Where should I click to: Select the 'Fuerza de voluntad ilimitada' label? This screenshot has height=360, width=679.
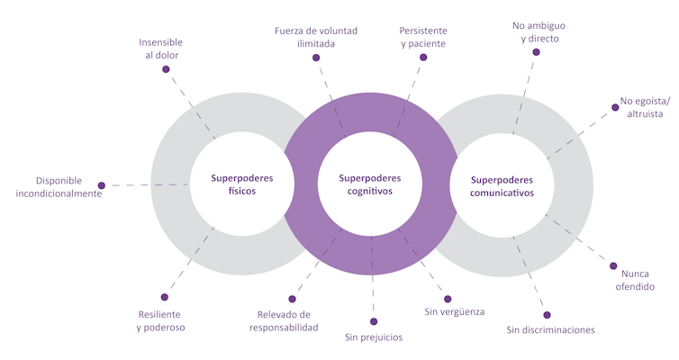316,36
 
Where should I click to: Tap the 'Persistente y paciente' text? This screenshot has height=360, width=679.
422,36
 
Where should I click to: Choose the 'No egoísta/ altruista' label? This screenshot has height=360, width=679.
641,107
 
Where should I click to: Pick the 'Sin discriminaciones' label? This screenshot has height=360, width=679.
550,330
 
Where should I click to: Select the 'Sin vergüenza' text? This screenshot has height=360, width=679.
454,311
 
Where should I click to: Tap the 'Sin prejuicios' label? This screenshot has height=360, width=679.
374,337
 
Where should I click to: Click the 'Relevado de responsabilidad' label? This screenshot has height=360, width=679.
284,321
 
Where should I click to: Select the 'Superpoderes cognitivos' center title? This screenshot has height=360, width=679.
370,184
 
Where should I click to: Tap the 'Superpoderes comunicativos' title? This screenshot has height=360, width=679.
502,185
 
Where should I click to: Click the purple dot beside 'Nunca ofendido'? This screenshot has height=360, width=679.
613,266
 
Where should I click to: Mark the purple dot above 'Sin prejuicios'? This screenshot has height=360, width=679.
374,321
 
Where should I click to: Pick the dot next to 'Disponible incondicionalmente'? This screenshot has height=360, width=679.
102,185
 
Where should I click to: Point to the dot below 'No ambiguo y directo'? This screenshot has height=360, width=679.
536,52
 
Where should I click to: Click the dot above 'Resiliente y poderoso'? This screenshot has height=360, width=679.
164,297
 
